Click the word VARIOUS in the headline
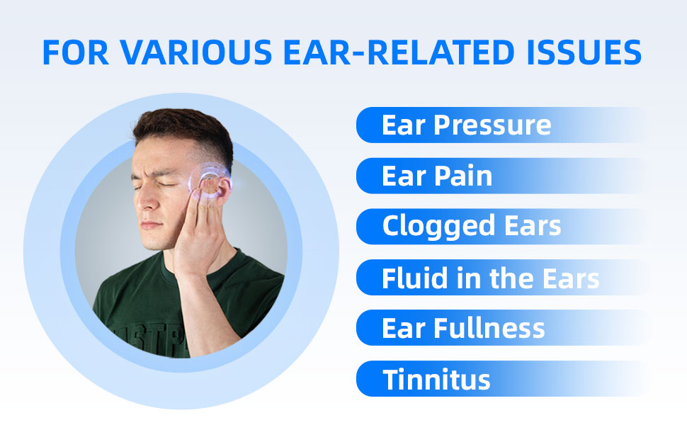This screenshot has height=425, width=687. [x=196, y=52]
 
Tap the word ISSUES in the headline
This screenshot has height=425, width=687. [x=584, y=52]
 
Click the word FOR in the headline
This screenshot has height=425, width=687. [x=75, y=52]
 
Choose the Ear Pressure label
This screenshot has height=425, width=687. [x=466, y=125]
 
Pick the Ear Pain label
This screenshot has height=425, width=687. [x=437, y=176]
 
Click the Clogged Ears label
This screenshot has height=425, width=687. [x=472, y=227]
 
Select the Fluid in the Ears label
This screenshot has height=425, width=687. [x=490, y=278]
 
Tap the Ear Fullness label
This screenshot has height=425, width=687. [x=463, y=328]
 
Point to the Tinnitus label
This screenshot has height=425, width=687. [x=436, y=380]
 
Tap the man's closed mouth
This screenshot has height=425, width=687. [x=150, y=225]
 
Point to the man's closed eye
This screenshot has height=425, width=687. [x=170, y=184]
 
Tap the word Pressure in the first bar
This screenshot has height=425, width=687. [x=492, y=125]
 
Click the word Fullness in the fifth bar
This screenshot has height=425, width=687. [x=489, y=328]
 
